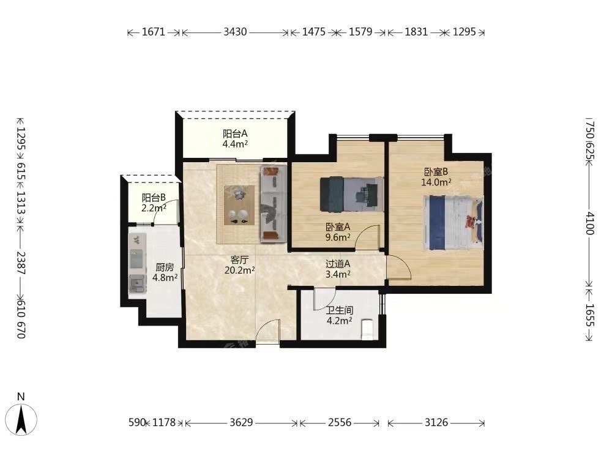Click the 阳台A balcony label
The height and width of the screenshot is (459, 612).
pyautogui.click(x=235, y=134)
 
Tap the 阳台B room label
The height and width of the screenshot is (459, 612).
pyautogui.click(x=154, y=198)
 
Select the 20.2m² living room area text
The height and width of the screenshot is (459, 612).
pyautogui.click(x=240, y=270)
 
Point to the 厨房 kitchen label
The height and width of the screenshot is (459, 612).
pyautogui.click(x=165, y=267)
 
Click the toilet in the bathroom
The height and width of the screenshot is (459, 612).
pyautogui.click(x=367, y=329)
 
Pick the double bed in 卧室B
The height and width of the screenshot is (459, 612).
pyautogui.click(x=453, y=223)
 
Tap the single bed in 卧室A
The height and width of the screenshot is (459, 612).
pyautogui.click(x=351, y=194)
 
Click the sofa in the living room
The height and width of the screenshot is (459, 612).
pyautogui.click(x=273, y=203)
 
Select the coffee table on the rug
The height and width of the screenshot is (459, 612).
pyautogui.click(x=239, y=205)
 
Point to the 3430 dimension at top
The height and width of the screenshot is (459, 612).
pyautogui.click(x=236, y=32)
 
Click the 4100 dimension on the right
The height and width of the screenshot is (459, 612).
pyautogui.click(x=590, y=223)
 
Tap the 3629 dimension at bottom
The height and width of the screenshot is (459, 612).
pyautogui.click(x=241, y=422)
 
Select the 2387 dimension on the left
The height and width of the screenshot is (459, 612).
pyautogui.click(x=21, y=263)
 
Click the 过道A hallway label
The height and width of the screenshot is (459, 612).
pyautogui.click(x=338, y=264)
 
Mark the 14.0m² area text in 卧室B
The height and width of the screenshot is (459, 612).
pyautogui.click(x=436, y=182)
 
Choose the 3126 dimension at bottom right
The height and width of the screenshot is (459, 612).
pyautogui.click(x=436, y=422)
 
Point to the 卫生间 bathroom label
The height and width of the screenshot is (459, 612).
pyautogui.click(x=340, y=311)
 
